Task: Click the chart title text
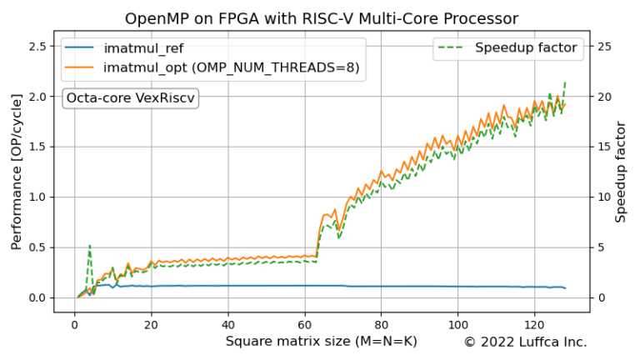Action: coord(321,18)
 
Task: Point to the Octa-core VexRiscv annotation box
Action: coord(130,98)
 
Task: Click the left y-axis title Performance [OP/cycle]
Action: coord(17,172)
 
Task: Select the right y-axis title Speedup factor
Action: coord(621,172)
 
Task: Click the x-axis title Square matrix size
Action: coord(321,342)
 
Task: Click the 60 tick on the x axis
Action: coord(304,323)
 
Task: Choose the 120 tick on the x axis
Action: coord(534,323)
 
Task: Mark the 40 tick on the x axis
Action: coord(227,323)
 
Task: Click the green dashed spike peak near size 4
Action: coord(89,246)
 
